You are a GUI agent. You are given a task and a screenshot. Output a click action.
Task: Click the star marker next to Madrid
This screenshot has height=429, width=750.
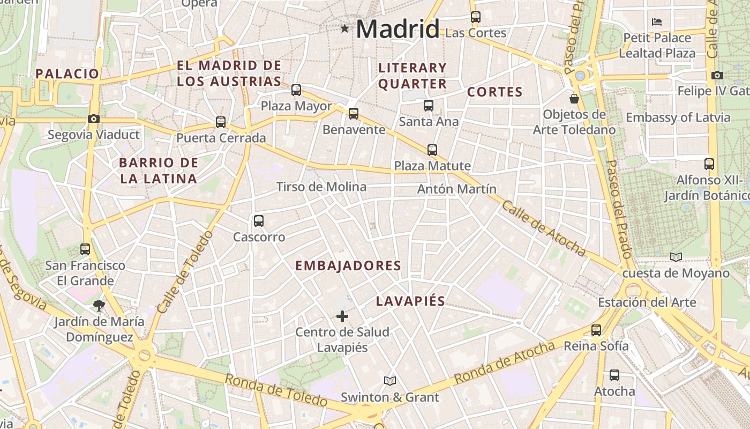(x=344, y=28)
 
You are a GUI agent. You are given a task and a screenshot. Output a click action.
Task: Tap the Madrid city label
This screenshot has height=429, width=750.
(x=397, y=28)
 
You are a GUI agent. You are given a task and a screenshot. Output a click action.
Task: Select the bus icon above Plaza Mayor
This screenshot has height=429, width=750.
(x=296, y=90)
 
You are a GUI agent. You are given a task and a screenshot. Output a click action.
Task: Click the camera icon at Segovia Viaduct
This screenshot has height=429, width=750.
(x=94, y=119)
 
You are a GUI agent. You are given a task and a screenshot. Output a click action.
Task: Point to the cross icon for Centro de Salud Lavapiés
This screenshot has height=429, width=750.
(x=342, y=316)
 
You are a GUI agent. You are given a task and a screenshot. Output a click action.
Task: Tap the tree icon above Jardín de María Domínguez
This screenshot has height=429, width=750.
(x=99, y=306)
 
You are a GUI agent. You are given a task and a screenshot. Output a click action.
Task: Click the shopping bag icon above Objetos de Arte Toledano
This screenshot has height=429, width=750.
(x=574, y=99)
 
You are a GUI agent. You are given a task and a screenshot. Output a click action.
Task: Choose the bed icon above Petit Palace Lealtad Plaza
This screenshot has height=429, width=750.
(x=657, y=22)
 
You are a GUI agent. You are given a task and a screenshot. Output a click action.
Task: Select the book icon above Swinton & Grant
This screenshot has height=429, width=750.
(x=390, y=381)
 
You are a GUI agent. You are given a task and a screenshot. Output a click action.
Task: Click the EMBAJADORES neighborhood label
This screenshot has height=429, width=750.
(x=348, y=265)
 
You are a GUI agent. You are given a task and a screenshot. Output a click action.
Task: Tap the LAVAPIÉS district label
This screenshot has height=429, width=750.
(x=410, y=301)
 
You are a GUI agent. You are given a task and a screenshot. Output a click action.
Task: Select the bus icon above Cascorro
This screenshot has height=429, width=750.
(x=259, y=220)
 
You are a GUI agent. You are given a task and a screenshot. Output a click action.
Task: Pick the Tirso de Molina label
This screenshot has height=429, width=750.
(x=321, y=187)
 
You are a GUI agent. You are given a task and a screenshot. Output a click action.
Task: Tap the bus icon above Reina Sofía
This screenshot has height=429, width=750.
(x=596, y=330)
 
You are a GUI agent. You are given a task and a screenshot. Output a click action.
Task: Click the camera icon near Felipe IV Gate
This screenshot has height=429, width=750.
(x=717, y=76)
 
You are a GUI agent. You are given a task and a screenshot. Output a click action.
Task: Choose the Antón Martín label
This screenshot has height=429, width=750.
(x=457, y=189)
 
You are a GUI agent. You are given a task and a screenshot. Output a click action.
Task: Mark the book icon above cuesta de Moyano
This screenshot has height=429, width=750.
(x=676, y=257)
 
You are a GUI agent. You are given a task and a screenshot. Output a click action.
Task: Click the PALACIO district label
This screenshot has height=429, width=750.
(x=67, y=74)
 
